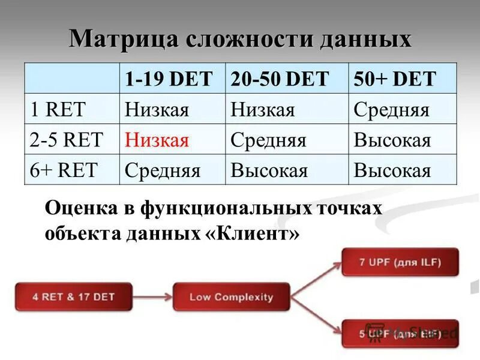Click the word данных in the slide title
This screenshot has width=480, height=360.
pos(367,39)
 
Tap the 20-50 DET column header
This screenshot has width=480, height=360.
pos(280,79)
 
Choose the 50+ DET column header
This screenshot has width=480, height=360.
pos(394,79)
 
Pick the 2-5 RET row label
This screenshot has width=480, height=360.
pos(66,140)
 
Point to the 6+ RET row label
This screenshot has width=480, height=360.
pos(63,170)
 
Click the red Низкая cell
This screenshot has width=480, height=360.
pos(157,140)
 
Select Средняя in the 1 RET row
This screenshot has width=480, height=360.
pos(391,110)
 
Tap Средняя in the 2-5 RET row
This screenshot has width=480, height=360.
pos(268,140)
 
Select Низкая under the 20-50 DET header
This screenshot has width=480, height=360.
pos(262,110)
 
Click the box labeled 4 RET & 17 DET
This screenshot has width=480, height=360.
pos(74,296)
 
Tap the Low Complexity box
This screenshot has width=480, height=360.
pos(231,296)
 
